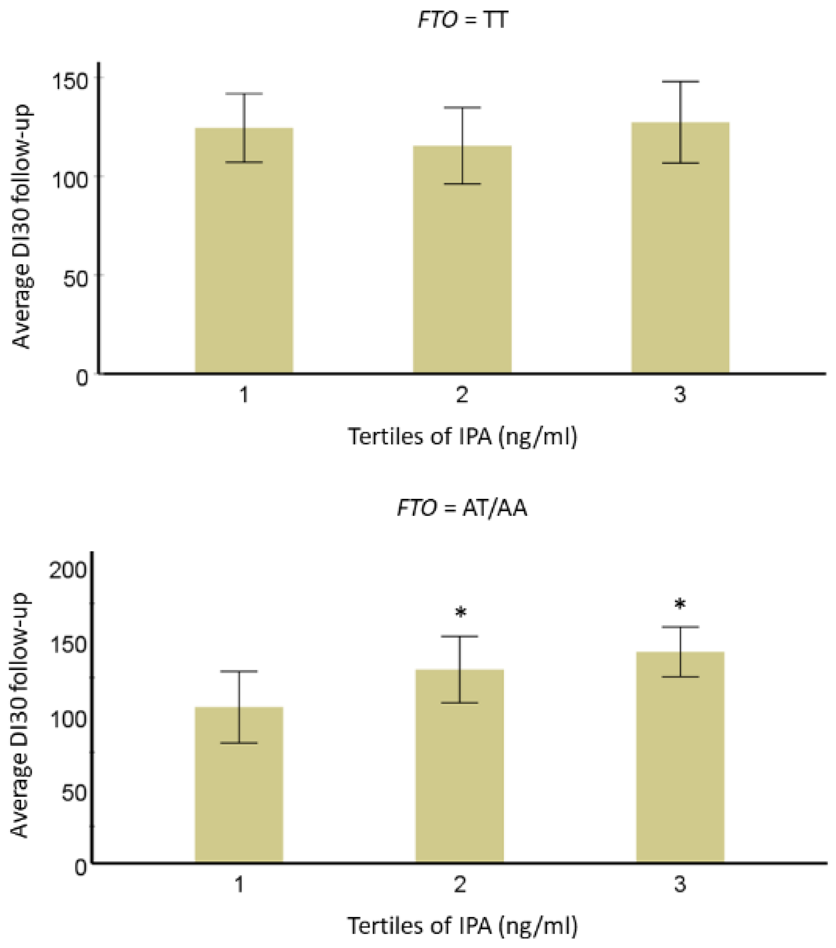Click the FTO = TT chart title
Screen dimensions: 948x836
pos(462,20)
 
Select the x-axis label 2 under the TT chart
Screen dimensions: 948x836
pos(462,396)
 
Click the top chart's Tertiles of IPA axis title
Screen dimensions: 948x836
pos(462,437)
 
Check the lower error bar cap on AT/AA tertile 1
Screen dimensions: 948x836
pos(239,743)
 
